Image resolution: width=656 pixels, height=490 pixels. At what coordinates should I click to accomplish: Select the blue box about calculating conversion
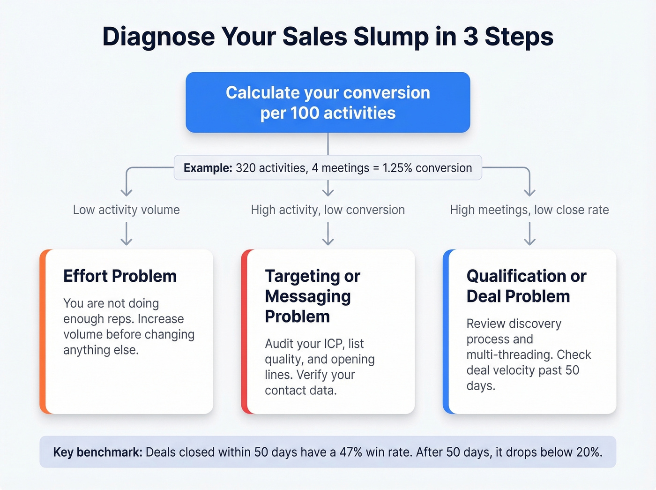coord(328,102)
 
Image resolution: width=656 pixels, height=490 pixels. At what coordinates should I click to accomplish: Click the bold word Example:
coord(208,168)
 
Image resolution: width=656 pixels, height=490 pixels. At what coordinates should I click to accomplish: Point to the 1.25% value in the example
coord(397,168)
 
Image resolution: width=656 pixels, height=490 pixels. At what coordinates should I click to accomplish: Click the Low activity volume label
coord(126,210)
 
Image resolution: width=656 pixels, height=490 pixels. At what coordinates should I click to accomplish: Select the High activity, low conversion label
coord(328,210)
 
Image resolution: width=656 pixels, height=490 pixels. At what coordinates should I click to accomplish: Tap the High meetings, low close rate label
coord(529,210)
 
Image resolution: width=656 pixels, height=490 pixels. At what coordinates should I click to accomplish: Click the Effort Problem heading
coord(120,276)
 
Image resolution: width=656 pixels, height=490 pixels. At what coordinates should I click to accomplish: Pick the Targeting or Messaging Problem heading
coord(312,296)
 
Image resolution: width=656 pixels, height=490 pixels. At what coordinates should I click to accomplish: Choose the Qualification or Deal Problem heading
coord(526,286)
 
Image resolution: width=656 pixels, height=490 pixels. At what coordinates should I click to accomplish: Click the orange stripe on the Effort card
coord(43,332)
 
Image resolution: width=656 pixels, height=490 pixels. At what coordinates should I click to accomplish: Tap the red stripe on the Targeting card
coord(244,332)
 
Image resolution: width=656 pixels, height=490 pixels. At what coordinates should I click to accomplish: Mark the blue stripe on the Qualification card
coord(446,332)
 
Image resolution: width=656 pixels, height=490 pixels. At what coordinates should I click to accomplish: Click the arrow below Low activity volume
coord(126,234)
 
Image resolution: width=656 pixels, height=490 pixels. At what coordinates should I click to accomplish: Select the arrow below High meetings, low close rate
coord(529,234)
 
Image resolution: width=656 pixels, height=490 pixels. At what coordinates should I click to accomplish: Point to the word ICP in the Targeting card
coord(333,344)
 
